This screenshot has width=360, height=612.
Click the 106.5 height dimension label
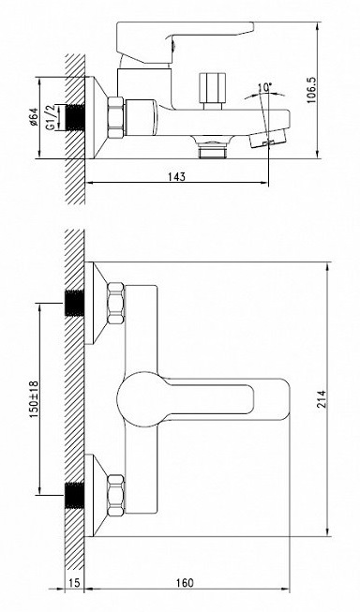[311, 90]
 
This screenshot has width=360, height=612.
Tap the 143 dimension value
[176, 176]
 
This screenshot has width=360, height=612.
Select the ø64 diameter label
[33, 117]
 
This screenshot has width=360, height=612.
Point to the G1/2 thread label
[50, 117]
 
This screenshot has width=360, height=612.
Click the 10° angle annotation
[265, 87]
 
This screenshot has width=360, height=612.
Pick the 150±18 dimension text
[34, 399]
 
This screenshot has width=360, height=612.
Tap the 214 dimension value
[322, 399]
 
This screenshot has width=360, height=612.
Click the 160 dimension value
[185, 583]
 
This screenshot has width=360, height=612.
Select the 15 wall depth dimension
[75, 583]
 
